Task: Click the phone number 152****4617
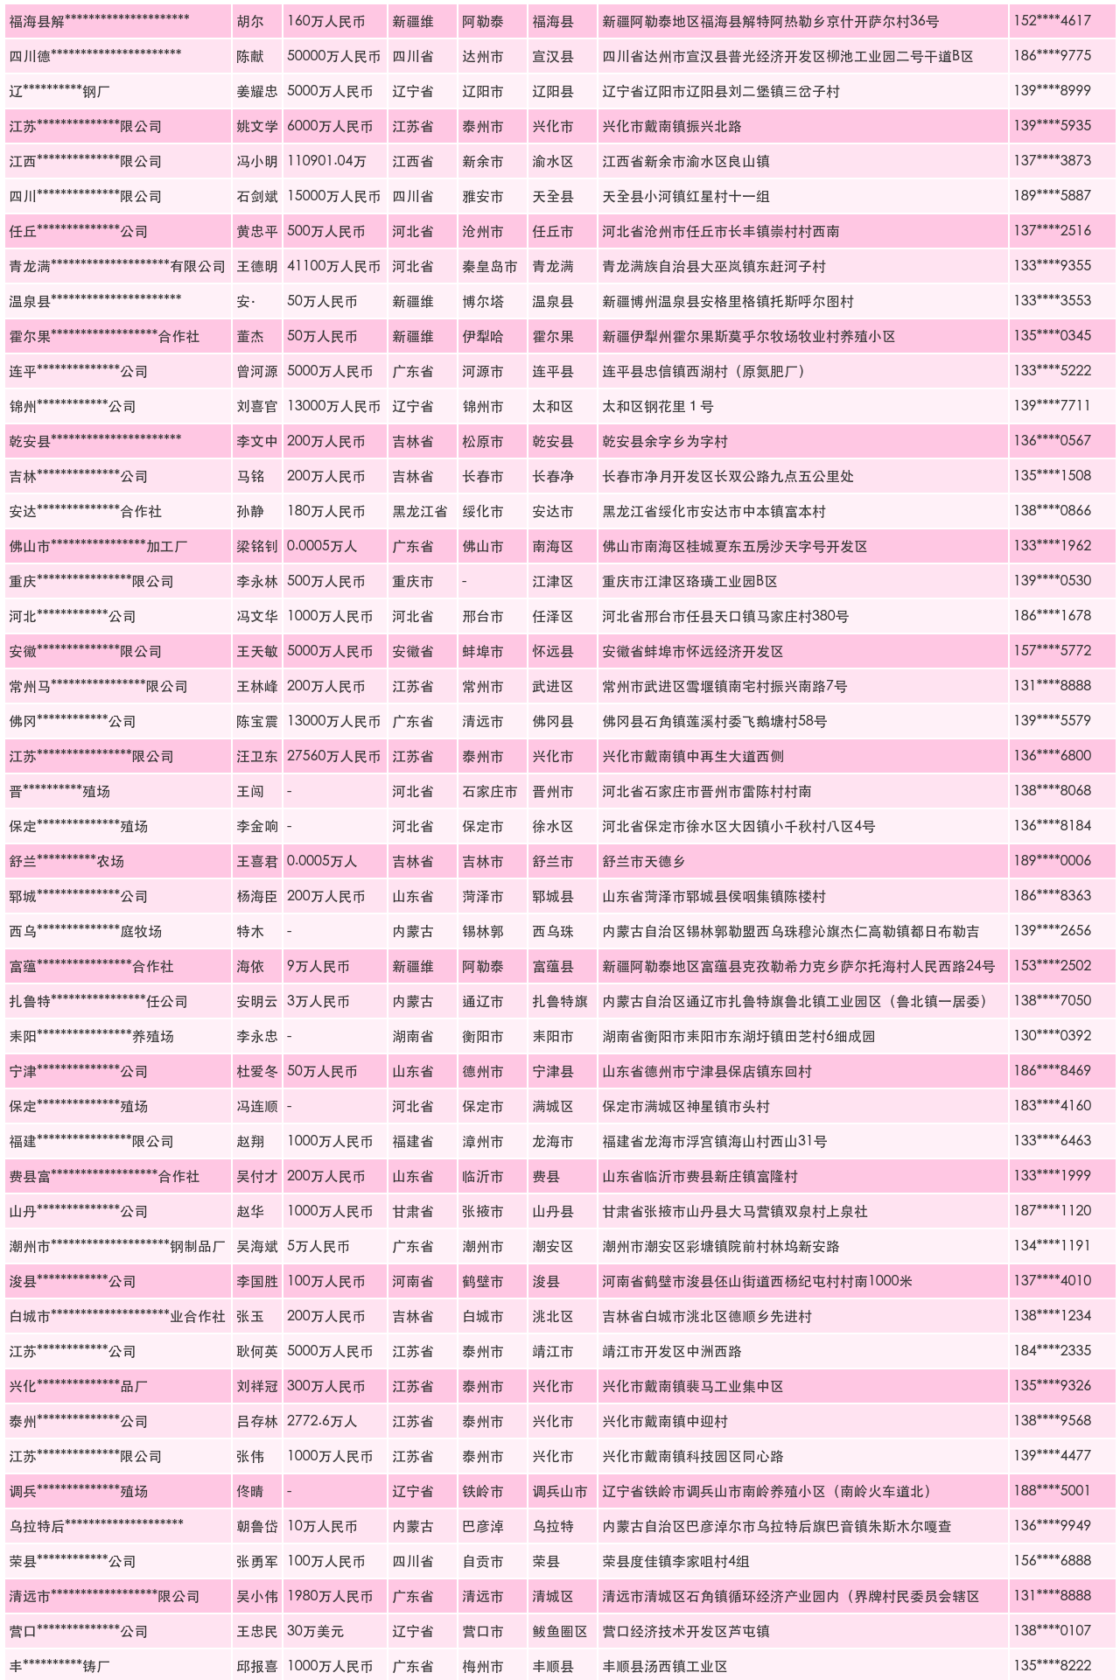pos(1052,21)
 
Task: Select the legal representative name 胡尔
pos(250,21)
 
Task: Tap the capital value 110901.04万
pos(326,161)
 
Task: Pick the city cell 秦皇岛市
pos(489,266)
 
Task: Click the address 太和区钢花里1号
pos(657,406)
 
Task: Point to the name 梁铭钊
pos(256,546)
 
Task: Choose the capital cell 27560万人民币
pos(333,756)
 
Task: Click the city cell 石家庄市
pos(489,791)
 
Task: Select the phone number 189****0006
pos(1052,861)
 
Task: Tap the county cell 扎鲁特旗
pos(560,1001)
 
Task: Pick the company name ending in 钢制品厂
pos(116,1246)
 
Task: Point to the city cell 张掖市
pos(482,1211)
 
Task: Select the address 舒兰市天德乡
pos(643,861)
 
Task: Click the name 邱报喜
pos(256,1666)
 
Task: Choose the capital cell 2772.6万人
pos(322,1421)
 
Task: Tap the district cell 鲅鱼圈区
pos(560,1631)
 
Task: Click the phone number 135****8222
pos(1052,1666)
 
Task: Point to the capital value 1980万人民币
pos(330,1596)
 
